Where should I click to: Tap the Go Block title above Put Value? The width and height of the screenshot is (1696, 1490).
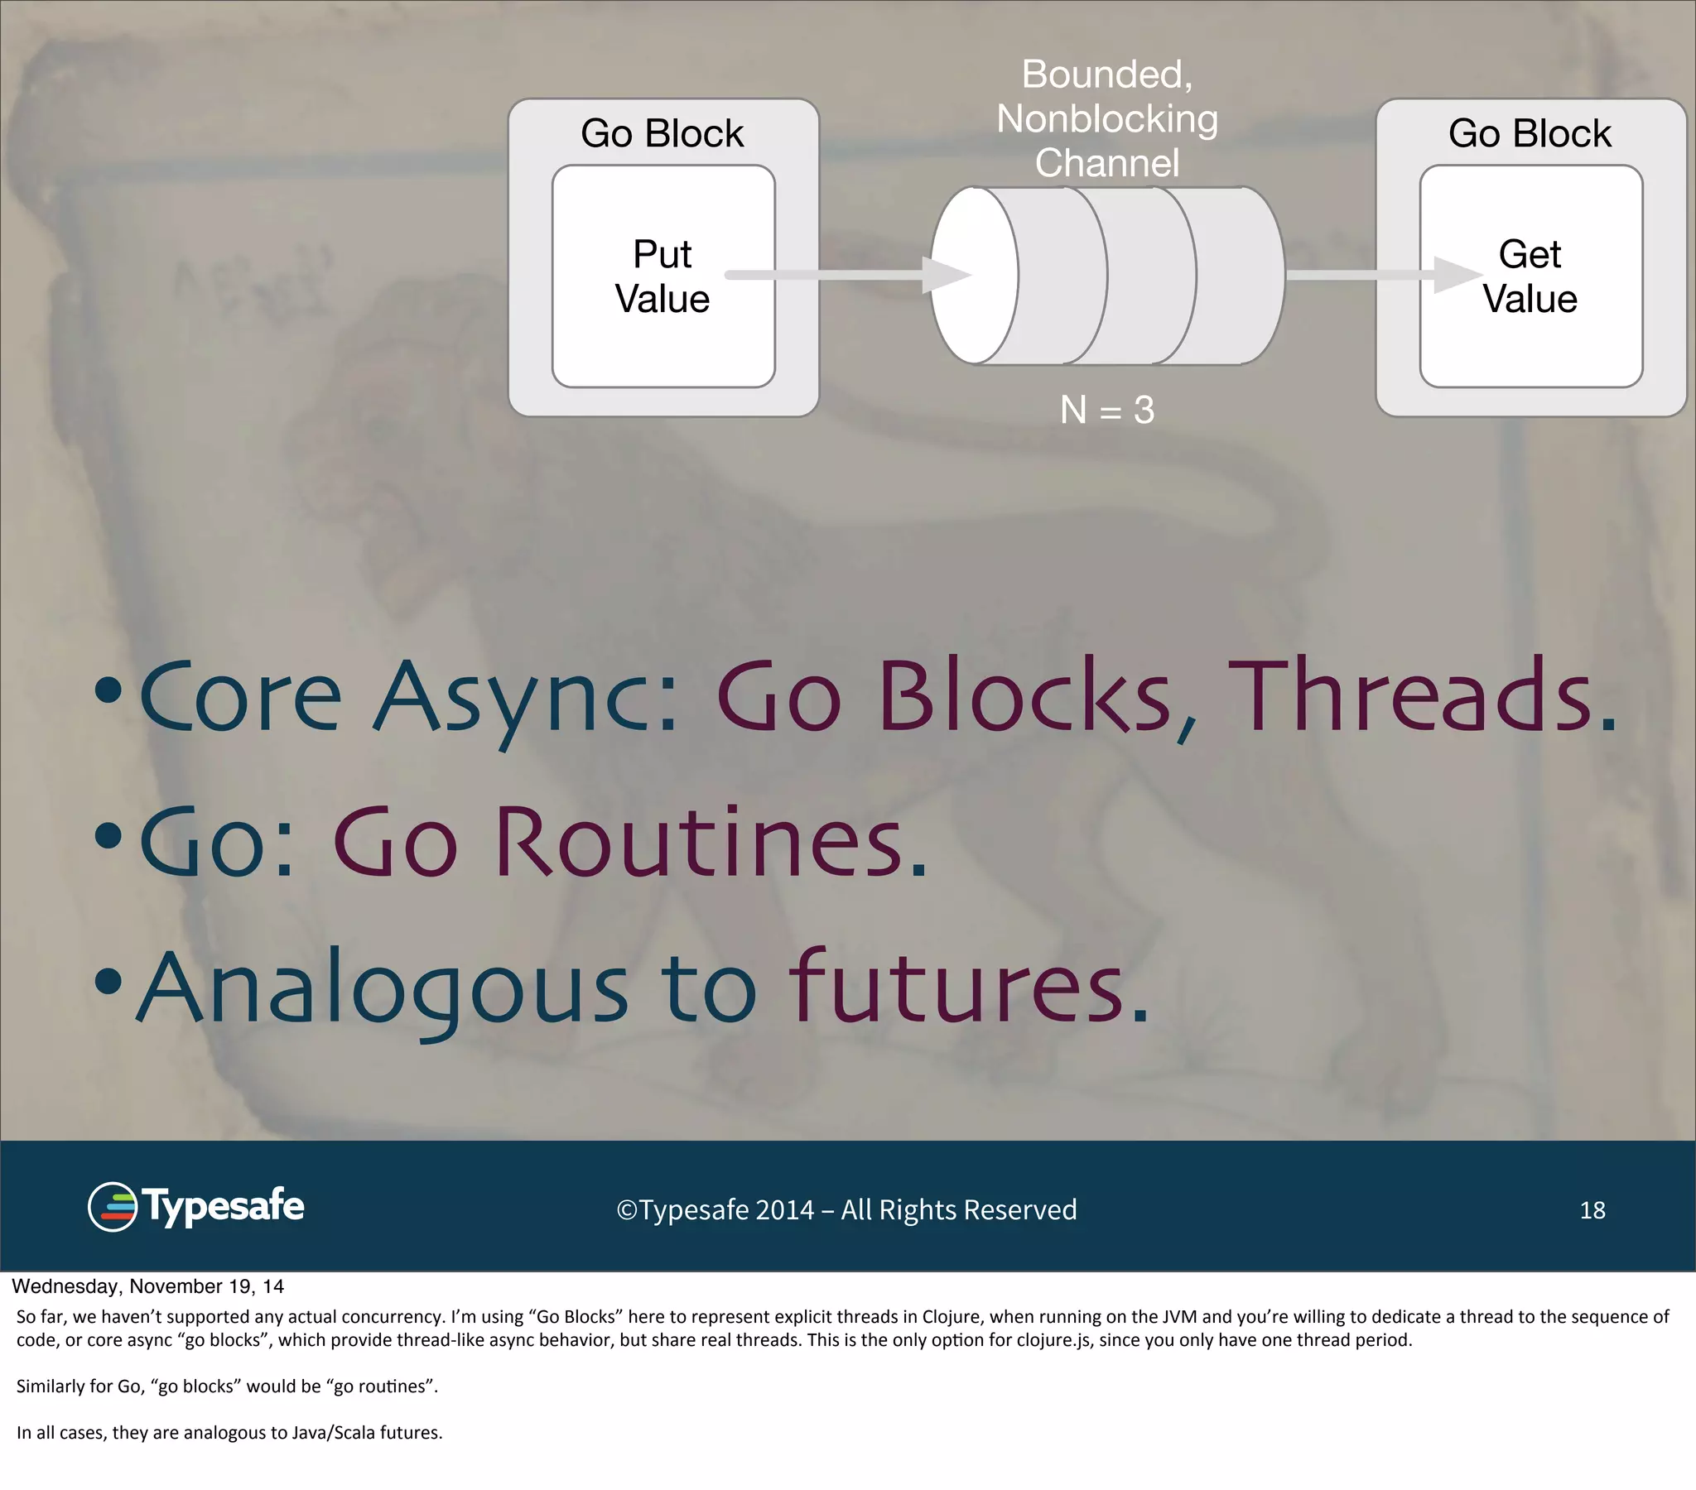point(662,133)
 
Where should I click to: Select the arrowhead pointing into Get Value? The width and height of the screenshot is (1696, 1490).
point(1457,275)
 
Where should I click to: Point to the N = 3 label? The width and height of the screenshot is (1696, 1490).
point(1107,410)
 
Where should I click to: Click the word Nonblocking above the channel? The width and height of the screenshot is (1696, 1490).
point(1107,118)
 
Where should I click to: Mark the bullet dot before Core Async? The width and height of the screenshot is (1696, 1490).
point(108,690)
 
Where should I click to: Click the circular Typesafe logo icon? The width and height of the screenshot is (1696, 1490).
point(112,1207)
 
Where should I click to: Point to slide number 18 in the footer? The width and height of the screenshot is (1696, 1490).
point(1592,1210)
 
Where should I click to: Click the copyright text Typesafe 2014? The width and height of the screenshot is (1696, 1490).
point(846,1210)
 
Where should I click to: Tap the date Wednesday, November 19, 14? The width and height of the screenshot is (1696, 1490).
point(147,1286)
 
